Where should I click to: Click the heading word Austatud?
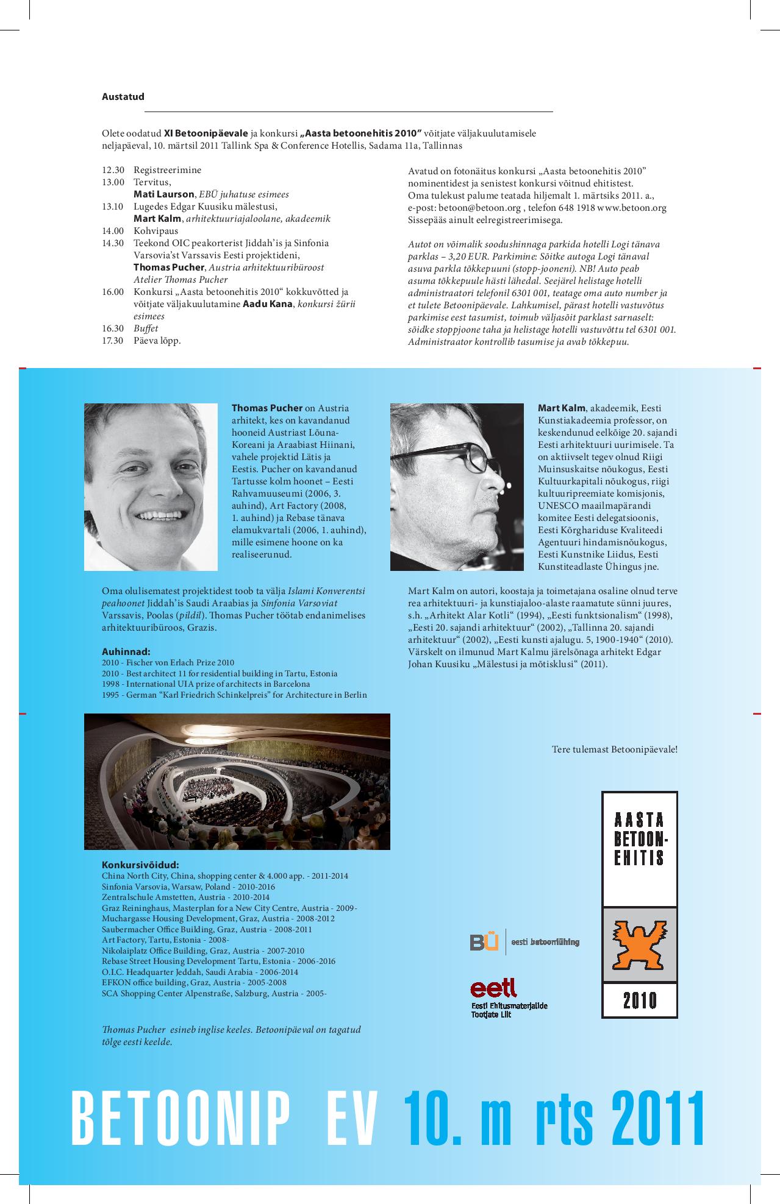pyautogui.click(x=123, y=96)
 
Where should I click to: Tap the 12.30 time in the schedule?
pyautogui.click(x=113, y=170)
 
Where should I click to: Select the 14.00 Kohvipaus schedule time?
pyautogui.click(x=113, y=231)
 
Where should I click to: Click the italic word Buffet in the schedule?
pyautogui.click(x=146, y=328)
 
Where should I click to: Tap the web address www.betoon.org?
pyautogui.click(x=631, y=207)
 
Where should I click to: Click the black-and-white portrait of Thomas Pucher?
pyautogui.click(x=151, y=486)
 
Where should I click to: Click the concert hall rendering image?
pyautogui.click(x=237, y=781)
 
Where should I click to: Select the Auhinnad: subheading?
pyautogui.click(x=126, y=651)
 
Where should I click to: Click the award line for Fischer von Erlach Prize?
pyautogui.click(x=168, y=662)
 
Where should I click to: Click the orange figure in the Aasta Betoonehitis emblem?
pyautogui.click(x=639, y=944)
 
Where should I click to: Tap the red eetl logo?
pyautogui.click(x=493, y=988)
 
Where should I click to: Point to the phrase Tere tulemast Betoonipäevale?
pyautogui.click(x=614, y=749)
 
